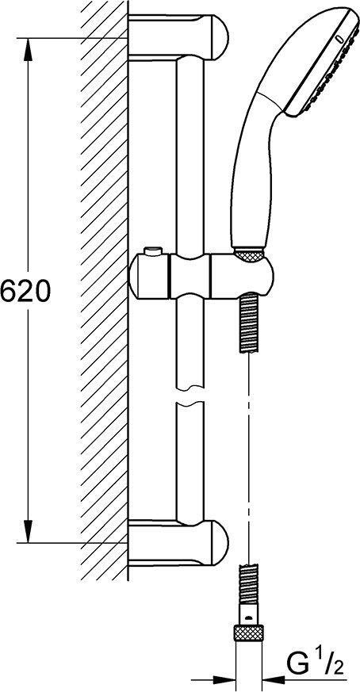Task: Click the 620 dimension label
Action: (25, 292)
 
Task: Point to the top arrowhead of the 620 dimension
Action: (29, 44)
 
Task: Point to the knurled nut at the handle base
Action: (249, 256)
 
